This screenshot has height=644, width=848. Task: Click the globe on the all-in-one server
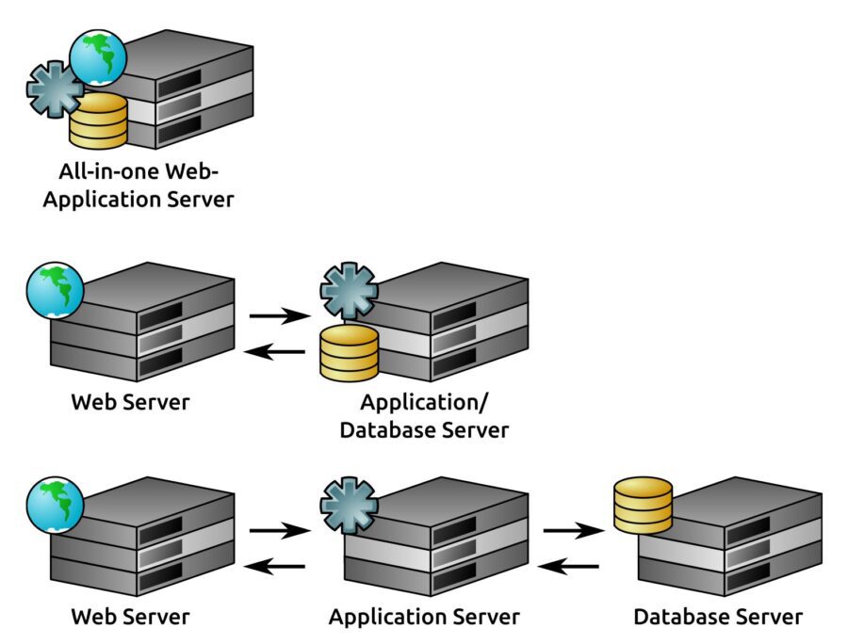98,57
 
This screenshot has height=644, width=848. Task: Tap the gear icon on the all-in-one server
55,89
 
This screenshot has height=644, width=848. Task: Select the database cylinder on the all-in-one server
98,121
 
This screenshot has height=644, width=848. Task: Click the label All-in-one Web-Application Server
139,185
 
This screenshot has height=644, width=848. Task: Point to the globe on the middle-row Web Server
56,291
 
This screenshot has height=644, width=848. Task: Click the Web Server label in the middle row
130,402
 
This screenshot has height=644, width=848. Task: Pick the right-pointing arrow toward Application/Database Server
280,315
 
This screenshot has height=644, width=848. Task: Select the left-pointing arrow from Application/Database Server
275,352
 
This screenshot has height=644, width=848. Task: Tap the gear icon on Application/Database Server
349,291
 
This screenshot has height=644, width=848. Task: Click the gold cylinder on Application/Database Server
349,353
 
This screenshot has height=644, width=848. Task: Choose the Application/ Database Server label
425,416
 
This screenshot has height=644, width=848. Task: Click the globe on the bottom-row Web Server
56,506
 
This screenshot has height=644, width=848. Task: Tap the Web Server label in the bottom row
130,617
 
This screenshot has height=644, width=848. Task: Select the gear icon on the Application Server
349,506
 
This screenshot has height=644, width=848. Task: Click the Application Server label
425,618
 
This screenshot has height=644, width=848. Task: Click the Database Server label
718,617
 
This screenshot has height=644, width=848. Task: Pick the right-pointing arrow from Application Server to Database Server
574,530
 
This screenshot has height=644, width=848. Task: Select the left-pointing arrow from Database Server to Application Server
568,567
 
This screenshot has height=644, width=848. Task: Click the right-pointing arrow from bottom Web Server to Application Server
280,530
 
